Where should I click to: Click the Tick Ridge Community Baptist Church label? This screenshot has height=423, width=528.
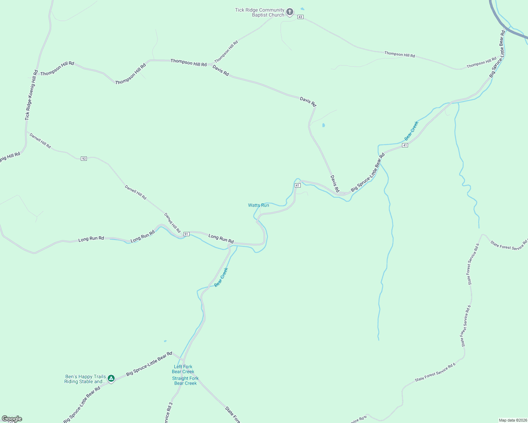260,12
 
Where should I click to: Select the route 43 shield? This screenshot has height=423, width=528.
300,17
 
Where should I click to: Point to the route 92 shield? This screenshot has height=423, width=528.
84,159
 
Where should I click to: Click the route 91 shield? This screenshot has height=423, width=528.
186,234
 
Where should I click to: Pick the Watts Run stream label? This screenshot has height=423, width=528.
258,205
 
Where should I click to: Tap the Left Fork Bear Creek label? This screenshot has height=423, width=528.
183,369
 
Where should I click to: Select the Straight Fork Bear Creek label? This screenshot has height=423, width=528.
185,381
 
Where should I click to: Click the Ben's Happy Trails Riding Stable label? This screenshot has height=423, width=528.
85,379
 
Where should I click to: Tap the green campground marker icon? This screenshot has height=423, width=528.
111,379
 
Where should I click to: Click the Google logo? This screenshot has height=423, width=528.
12,419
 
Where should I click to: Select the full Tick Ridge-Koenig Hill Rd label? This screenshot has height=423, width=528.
31,95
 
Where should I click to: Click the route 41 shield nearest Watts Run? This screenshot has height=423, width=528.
298,185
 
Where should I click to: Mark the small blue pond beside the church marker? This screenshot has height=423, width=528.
302,9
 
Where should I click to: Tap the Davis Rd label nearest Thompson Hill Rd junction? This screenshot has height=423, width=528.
221,70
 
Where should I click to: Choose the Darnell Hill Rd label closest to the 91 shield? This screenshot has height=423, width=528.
172,223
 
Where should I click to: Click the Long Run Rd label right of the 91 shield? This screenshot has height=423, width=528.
221,239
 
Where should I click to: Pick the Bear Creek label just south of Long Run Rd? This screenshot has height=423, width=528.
221,277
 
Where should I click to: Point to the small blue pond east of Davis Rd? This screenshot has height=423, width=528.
324,125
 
